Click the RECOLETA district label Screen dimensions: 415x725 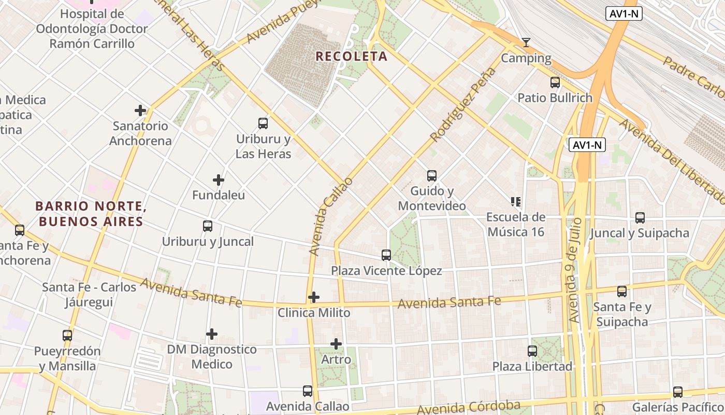(351, 56)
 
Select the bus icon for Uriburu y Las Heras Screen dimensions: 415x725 (263, 123)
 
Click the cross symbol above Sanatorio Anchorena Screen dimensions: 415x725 (140, 110)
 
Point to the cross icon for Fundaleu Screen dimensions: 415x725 (219, 180)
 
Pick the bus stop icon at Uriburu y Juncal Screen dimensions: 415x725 (208, 226)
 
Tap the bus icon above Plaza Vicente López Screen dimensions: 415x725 (386, 255)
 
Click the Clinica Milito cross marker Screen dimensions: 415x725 (314, 297)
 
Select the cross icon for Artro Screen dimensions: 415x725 (336, 343)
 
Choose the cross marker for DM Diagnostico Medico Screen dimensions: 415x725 (212, 334)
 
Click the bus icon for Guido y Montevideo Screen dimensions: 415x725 (432, 176)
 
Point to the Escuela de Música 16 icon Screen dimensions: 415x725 (515, 201)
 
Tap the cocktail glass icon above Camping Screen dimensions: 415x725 (526, 43)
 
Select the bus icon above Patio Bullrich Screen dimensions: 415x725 (555, 82)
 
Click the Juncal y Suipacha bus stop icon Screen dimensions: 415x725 (640, 218)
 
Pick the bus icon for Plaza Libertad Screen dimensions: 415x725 (532, 351)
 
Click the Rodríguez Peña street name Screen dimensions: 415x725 (463, 105)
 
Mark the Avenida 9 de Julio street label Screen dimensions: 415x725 (575, 270)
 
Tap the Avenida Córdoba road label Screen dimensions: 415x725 (469, 408)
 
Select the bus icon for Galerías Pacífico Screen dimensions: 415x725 (678, 392)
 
